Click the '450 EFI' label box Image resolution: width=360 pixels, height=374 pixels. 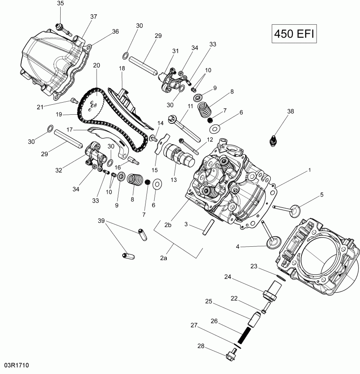pyautogui.click(x=294, y=33)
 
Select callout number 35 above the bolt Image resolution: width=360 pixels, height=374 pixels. pyautogui.click(x=60, y=3)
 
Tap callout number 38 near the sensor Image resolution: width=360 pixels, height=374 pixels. pyautogui.click(x=290, y=112)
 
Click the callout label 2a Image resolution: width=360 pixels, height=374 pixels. pyautogui.click(x=163, y=258)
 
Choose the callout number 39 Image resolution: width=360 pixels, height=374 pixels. pyautogui.click(x=101, y=221)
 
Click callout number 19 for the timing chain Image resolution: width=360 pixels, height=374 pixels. pyautogui.click(x=60, y=115)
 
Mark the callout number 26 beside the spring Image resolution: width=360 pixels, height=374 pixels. pyautogui.click(x=214, y=321)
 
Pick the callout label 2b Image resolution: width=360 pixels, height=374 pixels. pyautogui.click(x=168, y=224)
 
